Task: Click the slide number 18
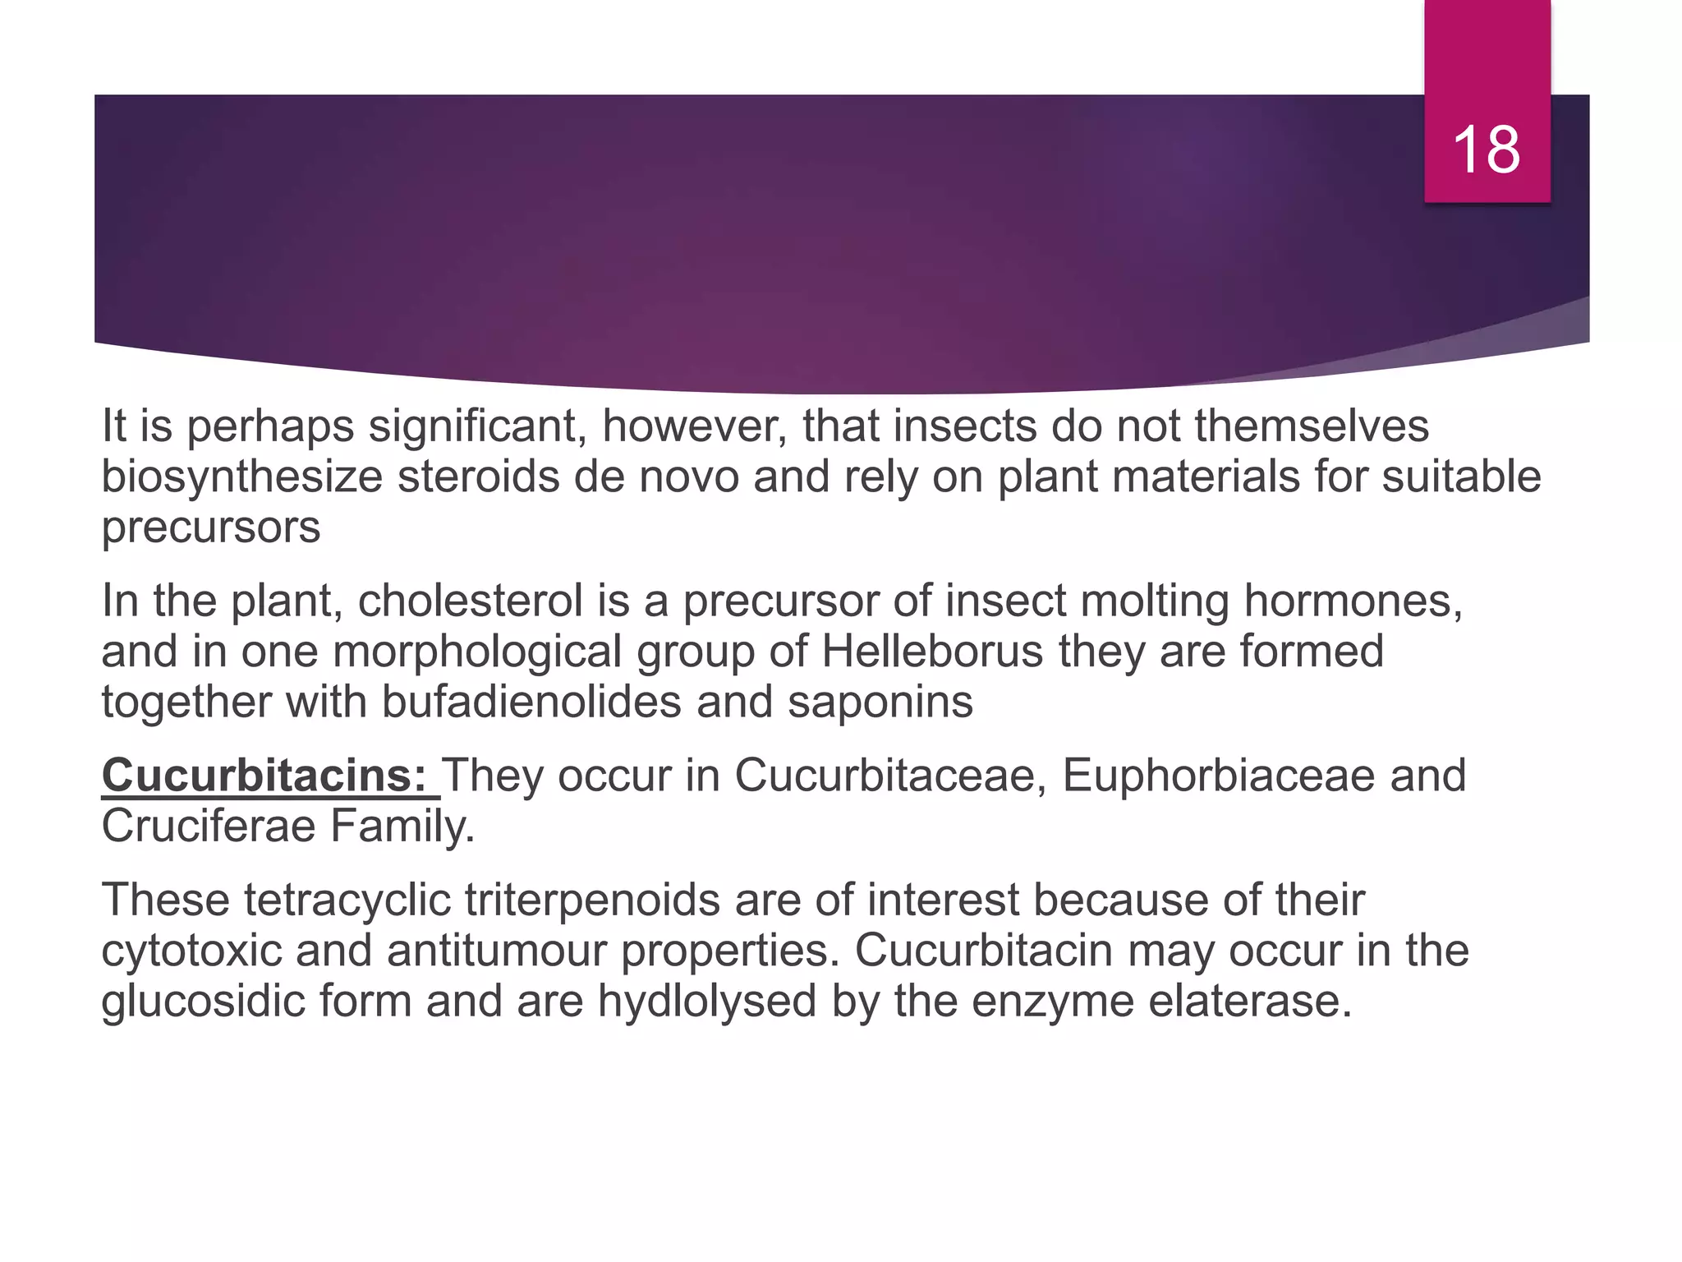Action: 1487,150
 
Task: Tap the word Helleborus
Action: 932,652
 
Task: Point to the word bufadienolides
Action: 531,702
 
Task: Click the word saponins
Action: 880,702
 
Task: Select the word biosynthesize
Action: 242,477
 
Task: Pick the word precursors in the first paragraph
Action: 211,527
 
